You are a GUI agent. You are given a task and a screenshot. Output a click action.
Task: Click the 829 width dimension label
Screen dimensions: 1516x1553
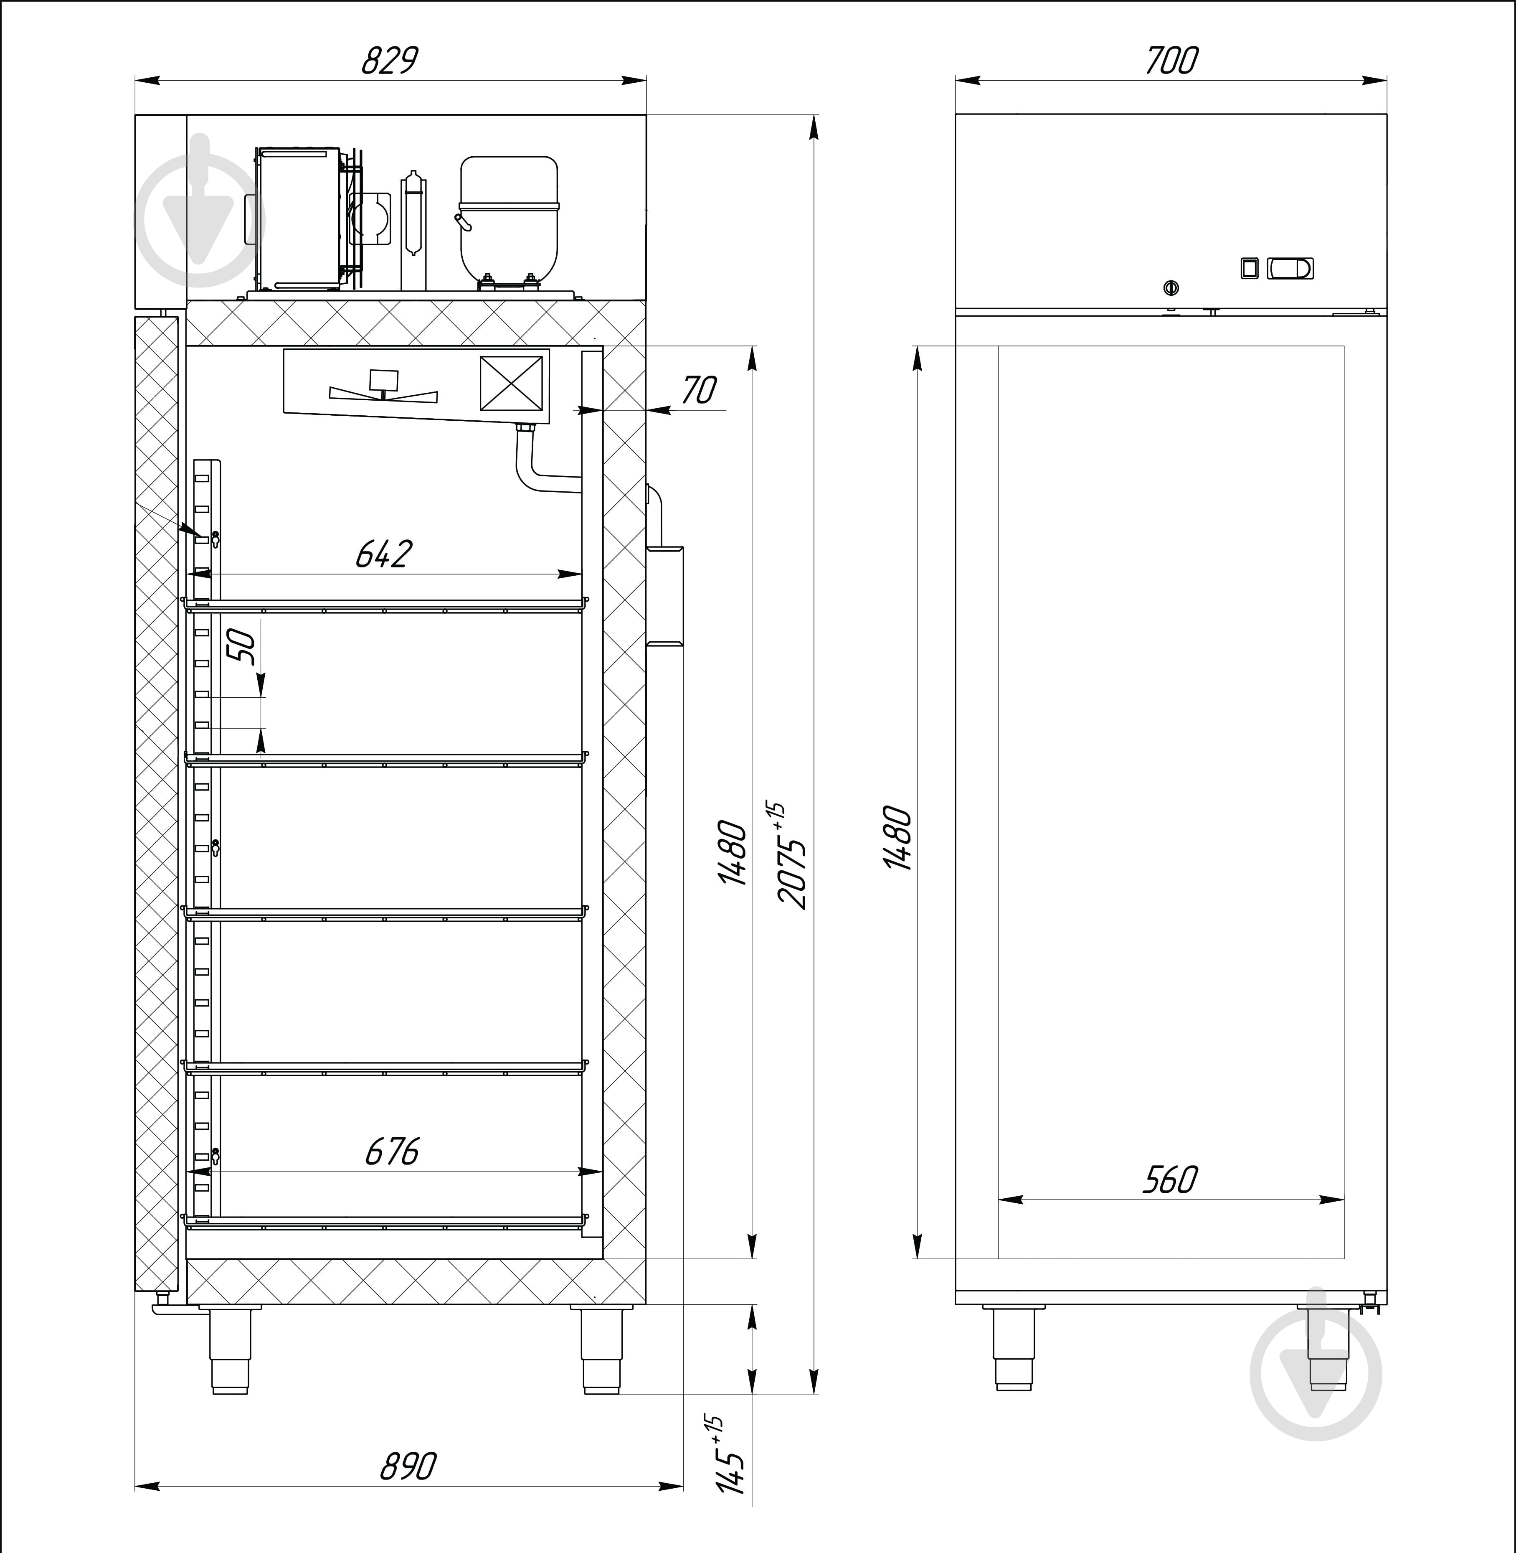click(x=389, y=61)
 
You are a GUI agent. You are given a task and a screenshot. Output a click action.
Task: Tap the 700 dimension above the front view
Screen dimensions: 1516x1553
click(x=1171, y=61)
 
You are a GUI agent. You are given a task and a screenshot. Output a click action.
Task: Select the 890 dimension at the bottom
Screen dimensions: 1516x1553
click(x=408, y=1466)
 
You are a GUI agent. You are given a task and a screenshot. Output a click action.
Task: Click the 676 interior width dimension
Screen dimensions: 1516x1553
click(x=392, y=1151)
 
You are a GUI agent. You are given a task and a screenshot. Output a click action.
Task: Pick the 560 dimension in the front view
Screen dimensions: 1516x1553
click(x=1170, y=1180)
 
